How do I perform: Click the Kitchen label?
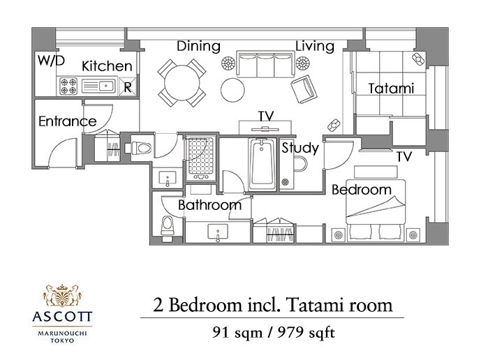tap(107, 66)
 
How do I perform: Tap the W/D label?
tap(51, 61)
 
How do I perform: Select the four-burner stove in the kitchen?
tap(68, 87)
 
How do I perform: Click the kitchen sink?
tap(98, 87)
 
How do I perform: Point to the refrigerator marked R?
tap(128, 87)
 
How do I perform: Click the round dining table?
tap(182, 83)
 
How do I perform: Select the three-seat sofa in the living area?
tap(265, 64)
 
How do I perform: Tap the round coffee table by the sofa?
tap(232, 90)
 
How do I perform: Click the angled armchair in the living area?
tap(304, 89)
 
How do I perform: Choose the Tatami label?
tap(391, 89)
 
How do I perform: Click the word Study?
tap(300, 148)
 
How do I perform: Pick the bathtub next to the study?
tap(261, 164)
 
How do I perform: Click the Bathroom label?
tap(210, 205)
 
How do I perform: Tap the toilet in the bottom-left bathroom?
tap(167, 225)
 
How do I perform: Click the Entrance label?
tap(68, 121)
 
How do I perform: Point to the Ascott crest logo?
tap(62, 296)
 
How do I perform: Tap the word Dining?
tap(198, 46)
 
